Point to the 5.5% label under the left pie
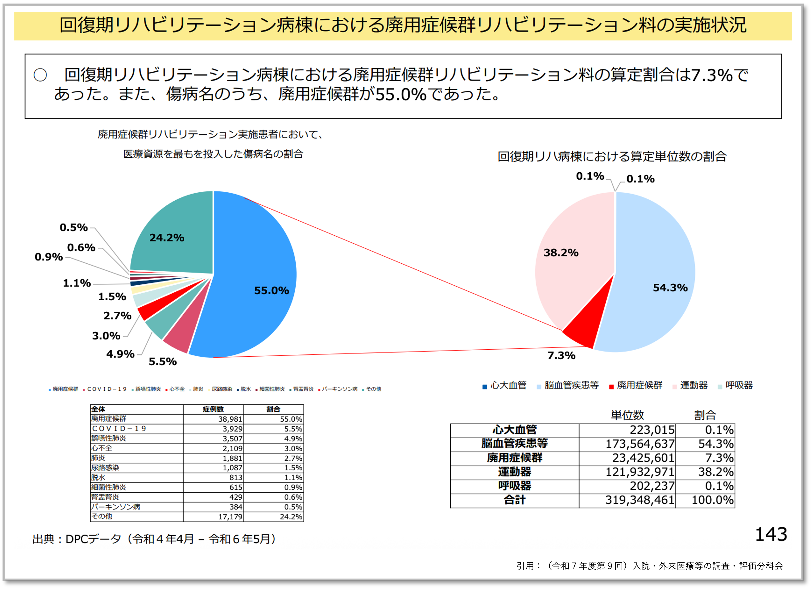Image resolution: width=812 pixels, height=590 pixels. [x=163, y=361]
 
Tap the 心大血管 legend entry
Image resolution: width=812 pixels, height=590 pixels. [x=508, y=385]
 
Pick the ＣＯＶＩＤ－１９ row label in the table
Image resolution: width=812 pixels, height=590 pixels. [x=119, y=429]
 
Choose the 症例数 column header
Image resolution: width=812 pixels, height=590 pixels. [x=213, y=409]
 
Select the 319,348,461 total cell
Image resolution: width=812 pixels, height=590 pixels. [x=640, y=500]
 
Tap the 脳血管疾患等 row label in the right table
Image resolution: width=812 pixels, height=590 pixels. [x=514, y=444]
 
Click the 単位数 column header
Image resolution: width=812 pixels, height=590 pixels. [x=627, y=415]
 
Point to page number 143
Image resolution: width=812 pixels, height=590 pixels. [x=771, y=534]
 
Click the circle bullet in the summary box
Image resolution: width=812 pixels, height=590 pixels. [x=40, y=75]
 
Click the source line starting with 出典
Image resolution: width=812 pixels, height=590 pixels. [x=154, y=539]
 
